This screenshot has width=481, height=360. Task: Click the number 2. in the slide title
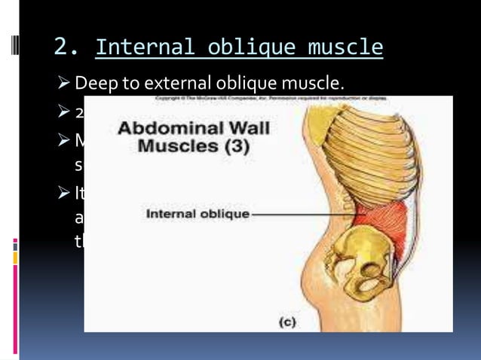(x=66, y=49)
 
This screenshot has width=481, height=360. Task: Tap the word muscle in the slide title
(x=347, y=49)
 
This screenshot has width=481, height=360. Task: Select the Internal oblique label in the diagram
(x=198, y=214)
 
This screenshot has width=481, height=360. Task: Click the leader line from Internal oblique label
(x=302, y=214)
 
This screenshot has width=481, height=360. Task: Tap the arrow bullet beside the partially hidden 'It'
(x=63, y=193)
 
